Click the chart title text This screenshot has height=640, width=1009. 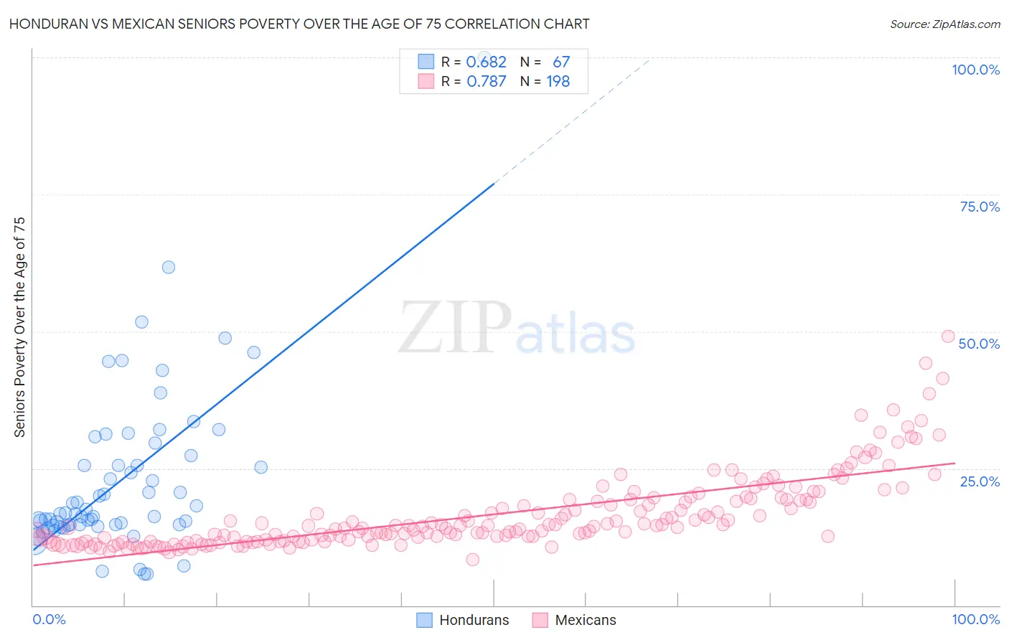click(300, 24)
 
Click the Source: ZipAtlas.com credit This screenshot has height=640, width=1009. click(944, 24)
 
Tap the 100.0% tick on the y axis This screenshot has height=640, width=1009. click(975, 70)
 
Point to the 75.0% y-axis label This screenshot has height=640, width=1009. click(980, 207)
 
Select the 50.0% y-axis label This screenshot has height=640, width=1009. click(979, 344)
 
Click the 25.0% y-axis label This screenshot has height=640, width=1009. click(980, 481)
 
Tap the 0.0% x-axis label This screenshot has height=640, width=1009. click(49, 619)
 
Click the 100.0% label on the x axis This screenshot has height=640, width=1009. click(975, 619)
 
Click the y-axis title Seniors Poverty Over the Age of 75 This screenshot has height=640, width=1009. click(20, 327)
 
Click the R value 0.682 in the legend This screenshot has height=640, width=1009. click(486, 62)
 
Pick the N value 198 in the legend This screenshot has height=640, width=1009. click(558, 81)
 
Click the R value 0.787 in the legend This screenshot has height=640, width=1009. click(486, 81)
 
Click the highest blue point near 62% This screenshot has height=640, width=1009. click(169, 267)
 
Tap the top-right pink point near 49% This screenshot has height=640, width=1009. click(947, 337)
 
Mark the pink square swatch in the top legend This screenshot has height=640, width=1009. click(426, 81)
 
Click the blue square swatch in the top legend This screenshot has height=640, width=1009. click(426, 62)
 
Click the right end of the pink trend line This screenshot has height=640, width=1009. click(954, 463)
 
